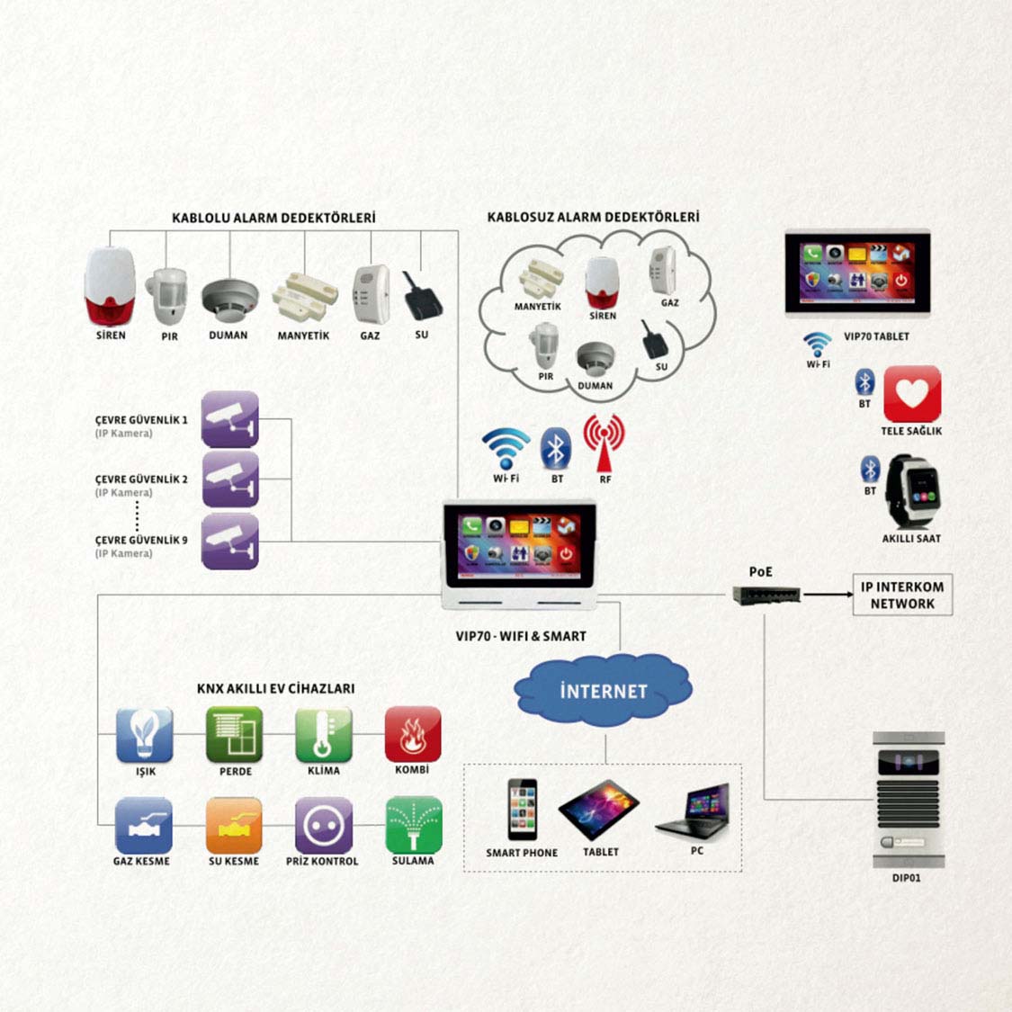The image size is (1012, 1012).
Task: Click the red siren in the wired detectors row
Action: (x=110, y=287)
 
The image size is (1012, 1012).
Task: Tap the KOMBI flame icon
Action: (x=413, y=734)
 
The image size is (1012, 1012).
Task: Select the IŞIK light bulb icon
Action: (x=145, y=734)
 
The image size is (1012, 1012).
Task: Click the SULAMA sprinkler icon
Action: (x=413, y=824)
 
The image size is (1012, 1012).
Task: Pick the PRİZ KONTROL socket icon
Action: (x=324, y=824)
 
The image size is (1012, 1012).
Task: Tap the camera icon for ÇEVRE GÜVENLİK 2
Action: (x=230, y=479)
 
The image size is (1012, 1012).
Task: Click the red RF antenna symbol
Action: (x=604, y=442)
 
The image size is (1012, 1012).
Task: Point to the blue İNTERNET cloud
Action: (x=603, y=691)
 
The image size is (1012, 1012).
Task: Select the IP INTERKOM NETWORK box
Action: (x=902, y=595)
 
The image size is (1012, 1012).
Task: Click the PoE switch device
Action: (x=766, y=595)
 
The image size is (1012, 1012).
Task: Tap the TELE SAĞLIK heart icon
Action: (x=912, y=394)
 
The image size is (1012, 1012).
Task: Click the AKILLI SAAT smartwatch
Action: (x=909, y=491)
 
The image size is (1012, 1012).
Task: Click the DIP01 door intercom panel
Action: (x=908, y=799)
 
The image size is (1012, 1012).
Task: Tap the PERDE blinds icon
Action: (x=235, y=734)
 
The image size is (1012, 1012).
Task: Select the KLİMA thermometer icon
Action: (x=324, y=734)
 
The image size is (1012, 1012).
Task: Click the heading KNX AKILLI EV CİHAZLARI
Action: (x=275, y=688)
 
